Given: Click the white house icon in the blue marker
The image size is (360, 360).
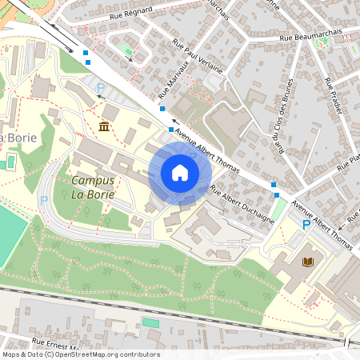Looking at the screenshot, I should [x=180, y=173].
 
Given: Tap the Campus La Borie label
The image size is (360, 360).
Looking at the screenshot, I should [x=92, y=187].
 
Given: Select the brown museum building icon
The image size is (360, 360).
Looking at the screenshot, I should [x=105, y=126].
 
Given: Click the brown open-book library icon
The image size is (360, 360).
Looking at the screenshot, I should [x=308, y=262].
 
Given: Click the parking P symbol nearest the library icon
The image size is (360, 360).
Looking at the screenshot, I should [x=306, y=226].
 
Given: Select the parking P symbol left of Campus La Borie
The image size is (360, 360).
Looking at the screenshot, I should [x=44, y=200].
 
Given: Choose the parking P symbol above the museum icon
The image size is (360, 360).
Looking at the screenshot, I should [x=101, y=87].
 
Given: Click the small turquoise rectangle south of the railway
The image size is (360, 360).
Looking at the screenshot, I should [x=150, y=322].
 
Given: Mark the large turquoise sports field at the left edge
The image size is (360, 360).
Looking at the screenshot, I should [x=11, y=235].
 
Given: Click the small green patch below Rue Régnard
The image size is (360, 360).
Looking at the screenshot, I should [x=128, y=51].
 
